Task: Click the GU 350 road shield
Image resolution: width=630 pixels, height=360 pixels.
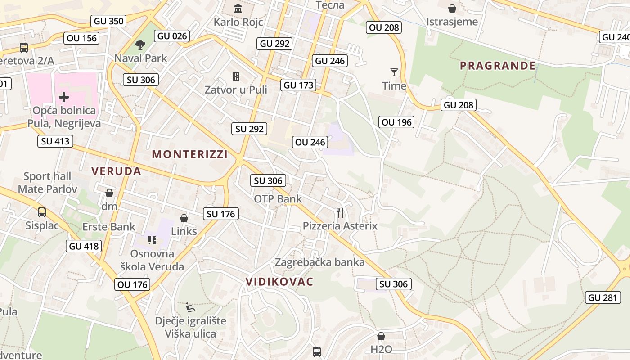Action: click(108, 21)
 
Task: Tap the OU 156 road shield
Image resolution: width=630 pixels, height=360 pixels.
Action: click(81, 38)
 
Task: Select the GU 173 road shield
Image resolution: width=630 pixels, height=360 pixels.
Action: click(298, 85)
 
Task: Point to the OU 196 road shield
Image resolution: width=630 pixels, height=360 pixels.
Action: click(396, 122)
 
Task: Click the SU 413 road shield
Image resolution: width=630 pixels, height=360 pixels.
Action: click(55, 141)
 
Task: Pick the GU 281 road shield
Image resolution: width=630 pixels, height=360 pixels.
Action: click(603, 297)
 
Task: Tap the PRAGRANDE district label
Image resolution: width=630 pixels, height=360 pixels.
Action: click(498, 66)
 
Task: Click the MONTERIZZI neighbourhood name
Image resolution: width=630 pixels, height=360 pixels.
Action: click(189, 154)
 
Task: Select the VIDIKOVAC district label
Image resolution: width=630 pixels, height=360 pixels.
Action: click(279, 282)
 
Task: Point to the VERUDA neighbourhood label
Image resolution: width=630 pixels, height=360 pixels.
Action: click(117, 171)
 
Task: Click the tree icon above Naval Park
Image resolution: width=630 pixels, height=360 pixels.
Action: click(140, 45)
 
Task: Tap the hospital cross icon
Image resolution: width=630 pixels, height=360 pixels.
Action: click(64, 97)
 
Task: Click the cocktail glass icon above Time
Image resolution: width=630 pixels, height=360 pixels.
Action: click(394, 72)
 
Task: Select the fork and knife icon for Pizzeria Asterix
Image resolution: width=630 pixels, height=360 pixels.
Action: click(340, 212)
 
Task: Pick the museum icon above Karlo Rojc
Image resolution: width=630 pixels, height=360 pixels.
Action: click(238, 8)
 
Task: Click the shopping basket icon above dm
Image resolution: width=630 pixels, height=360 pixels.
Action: click(109, 193)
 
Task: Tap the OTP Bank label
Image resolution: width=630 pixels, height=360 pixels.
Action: click(278, 199)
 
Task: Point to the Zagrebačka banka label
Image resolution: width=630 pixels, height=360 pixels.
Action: click(319, 262)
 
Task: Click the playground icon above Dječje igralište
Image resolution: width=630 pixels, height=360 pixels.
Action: click(190, 308)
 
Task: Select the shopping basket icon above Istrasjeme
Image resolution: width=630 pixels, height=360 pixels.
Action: click(452, 8)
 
